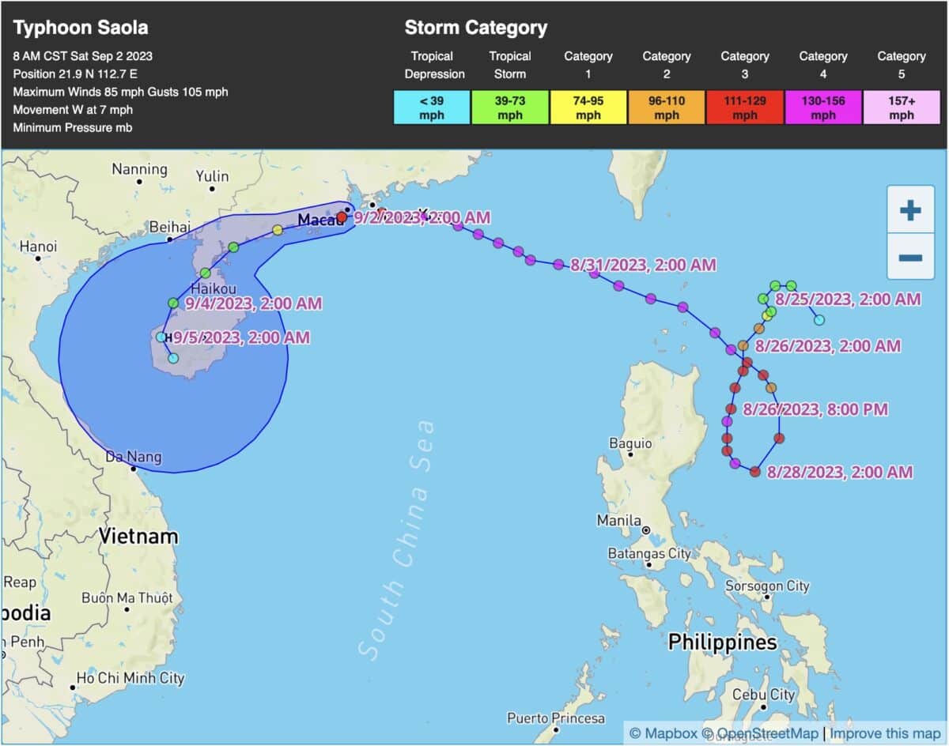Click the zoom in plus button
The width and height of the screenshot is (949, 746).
click(x=910, y=210)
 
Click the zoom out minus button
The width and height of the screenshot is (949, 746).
click(x=910, y=258)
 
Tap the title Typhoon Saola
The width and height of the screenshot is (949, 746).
click(x=81, y=28)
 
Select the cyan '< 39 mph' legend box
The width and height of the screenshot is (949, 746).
click(x=432, y=107)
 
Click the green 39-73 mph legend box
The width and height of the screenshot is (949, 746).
click(x=510, y=107)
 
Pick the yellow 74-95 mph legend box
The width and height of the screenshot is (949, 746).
click(x=588, y=107)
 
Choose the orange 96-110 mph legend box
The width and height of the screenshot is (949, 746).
click(x=667, y=107)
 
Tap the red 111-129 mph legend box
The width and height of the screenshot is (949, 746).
click(x=745, y=107)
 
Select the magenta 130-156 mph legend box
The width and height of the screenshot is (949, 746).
click(x=823, y=107)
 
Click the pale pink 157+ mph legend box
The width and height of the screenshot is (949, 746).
click(x=902, y=107)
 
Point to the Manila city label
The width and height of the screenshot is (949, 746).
click(x=619, y=521)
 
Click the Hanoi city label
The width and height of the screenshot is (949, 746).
click(x=39, y=247)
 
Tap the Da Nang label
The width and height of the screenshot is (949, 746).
click(x=134, y=457)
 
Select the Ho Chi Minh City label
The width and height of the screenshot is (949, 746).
click(x=130, y=678)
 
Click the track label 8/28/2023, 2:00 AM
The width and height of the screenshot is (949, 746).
click(x=840, y=473)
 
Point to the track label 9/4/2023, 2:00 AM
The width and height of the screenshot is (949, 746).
click(x=254, y=303)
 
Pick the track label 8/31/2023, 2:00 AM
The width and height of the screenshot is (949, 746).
click(x=643, y=266)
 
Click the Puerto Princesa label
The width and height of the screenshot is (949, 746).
click(x=556, y=718)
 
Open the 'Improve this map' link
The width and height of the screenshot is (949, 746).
click(x=884, y=733)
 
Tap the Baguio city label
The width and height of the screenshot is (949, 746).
click(x=630, y=443)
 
